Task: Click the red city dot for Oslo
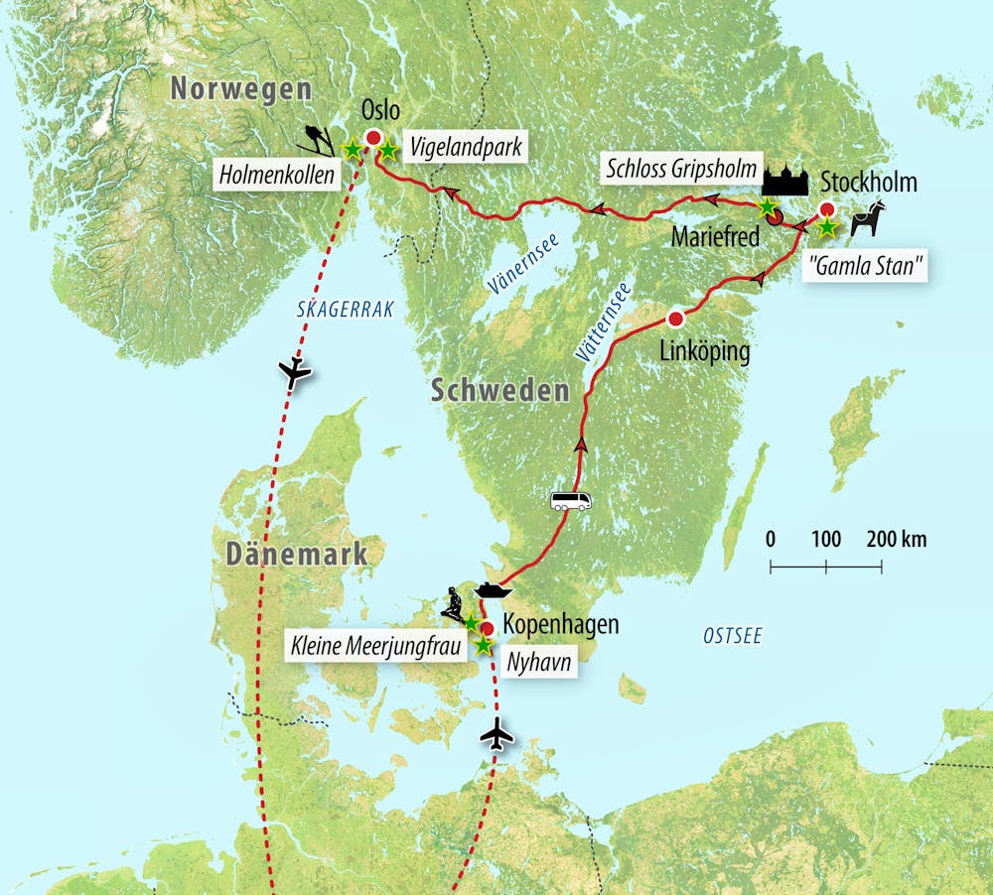click(374, 139)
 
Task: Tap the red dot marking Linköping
click(676, 319)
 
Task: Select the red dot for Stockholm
click(826, 209)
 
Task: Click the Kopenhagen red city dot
click(488, 628)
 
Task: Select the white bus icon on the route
click(571, 500)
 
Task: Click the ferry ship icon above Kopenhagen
click(493, 590)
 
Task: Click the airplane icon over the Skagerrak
click(295, 373)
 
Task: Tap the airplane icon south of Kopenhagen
click(497, 735)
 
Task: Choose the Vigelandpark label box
click(464, 148)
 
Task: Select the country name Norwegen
click(240, 89)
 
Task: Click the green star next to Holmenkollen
click(352, 150)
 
